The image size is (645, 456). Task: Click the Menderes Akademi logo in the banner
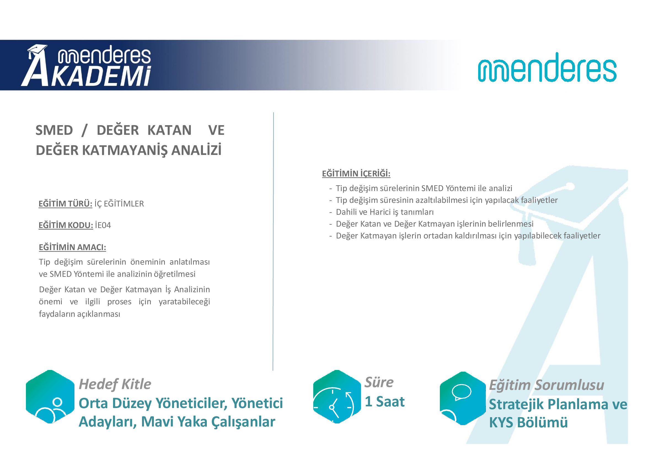coord(86,65)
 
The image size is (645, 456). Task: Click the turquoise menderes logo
coord(547,67)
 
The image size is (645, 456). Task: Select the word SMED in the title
coord(54,130)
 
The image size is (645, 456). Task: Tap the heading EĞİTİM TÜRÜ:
coord(65,203)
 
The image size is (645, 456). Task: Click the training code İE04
coord(103,225)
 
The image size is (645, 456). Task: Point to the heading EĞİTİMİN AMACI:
coord(73,247)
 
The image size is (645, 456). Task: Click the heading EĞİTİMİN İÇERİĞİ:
coord(356,173)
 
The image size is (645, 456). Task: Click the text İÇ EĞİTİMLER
coord(119,203)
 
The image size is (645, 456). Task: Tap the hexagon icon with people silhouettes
coord(50,397)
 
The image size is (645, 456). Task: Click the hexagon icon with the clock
coord(337,397)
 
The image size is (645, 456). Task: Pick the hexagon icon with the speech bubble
coord(463,398)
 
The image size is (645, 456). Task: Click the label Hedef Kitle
coord(115,384)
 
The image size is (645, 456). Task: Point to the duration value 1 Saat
coord(385,401)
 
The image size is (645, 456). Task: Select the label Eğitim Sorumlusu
coord(546,385)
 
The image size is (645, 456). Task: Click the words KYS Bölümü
coord(528,423)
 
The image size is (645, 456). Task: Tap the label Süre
coord(379,382)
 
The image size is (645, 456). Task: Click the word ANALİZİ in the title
coord(196,150)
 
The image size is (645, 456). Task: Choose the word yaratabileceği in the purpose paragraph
coord(184,302)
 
